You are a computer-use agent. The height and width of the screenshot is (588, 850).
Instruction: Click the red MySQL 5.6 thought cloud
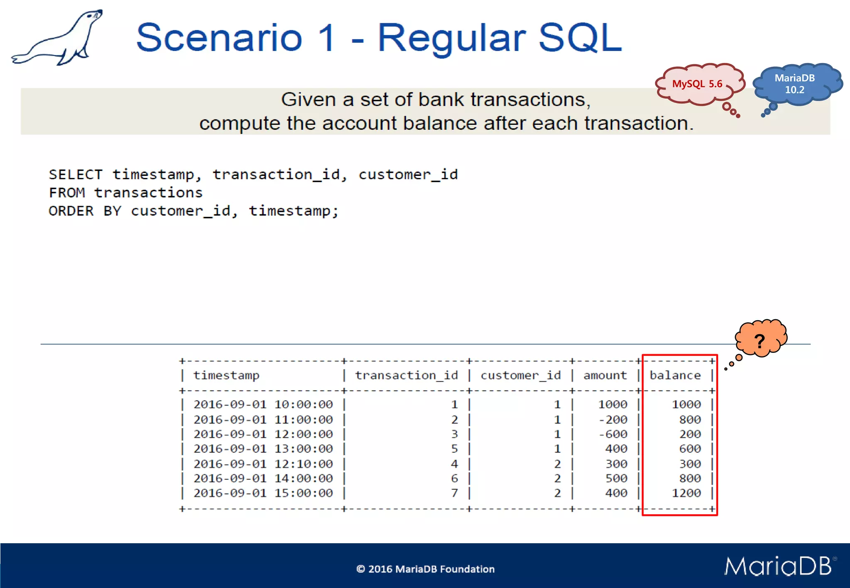tap(698, 84)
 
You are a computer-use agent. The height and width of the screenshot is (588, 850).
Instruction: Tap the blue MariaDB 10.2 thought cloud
tap(794, 84)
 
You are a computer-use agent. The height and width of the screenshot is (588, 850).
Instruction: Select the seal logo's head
tap(94, 17)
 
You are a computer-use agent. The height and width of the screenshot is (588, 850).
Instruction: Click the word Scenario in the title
tap(219, 38)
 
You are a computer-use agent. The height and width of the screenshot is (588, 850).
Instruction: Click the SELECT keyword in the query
tap(76, 175)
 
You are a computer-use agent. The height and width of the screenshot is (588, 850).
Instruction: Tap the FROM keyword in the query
tap(67, 193)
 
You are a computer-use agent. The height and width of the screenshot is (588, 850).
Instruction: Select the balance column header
tap(675, 375)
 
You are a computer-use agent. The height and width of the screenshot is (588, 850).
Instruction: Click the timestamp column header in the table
tap(226, 375)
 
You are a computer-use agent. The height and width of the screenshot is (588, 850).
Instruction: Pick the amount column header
tap(605, 375)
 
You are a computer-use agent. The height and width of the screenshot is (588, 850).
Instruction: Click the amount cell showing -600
tap(613, 434)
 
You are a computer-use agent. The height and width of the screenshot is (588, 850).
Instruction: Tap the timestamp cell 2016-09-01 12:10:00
tap(263, 464)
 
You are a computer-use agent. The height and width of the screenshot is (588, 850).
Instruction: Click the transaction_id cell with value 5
tap(454, 449)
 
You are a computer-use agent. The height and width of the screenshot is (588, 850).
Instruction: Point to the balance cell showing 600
tap(690, 449)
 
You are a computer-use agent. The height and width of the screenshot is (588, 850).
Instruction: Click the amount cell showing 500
tap(616, 478)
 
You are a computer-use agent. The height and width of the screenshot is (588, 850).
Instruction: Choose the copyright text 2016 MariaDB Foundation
tap(425, 569)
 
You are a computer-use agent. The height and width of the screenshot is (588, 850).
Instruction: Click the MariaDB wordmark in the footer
tap(779, 566)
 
